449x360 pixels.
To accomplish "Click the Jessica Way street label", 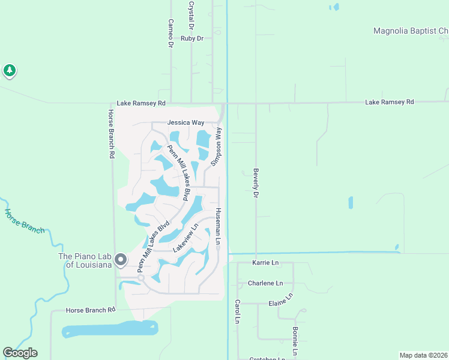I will (x=185, y=122).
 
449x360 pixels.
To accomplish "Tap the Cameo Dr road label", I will (x=170, y=33).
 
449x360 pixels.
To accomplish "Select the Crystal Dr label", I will (x=191, y=16).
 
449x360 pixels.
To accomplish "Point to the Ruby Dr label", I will (x=192, y=38).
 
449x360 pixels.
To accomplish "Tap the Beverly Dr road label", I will (x=255, y=183).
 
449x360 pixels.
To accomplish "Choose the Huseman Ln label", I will (x=219, y=226).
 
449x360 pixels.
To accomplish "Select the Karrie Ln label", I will (x=266, y=263).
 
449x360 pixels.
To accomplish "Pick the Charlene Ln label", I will (x=265, y=283).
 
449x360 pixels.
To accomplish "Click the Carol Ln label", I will (x=238, y=312).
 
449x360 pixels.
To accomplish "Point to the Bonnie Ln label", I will (x=295, y=340).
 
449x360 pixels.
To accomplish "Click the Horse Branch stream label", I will (x=25, y=220).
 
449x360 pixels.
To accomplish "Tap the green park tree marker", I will (x=9, y=71).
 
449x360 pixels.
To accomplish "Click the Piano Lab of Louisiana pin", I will (x=121, y=260).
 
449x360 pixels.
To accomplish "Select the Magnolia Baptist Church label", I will (x=411, y=31).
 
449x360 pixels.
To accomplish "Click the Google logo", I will (x=20, y=353).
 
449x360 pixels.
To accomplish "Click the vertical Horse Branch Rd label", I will (x=111, y=133).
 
